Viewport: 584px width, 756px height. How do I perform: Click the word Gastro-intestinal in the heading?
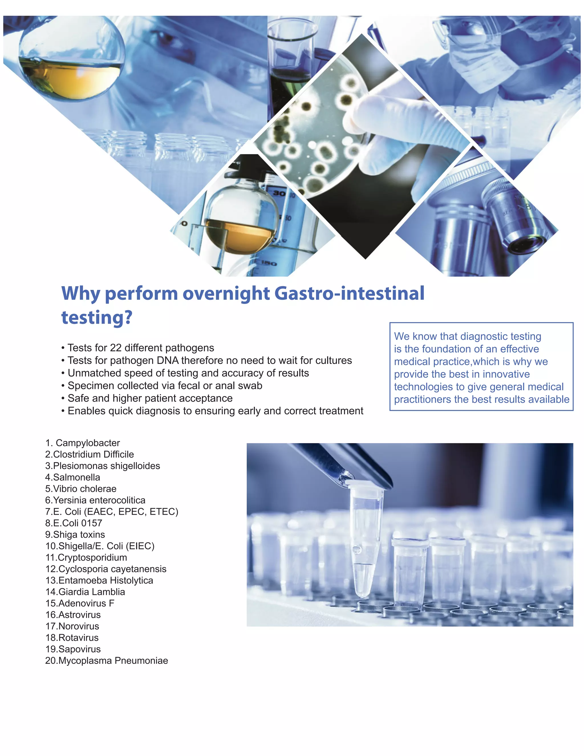349,294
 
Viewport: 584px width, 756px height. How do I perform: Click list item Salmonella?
73,477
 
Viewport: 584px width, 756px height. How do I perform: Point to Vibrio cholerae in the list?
81,489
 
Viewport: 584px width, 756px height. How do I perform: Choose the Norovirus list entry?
72,626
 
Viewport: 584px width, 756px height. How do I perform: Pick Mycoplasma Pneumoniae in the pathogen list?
107,660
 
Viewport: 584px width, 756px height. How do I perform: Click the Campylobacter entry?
83,443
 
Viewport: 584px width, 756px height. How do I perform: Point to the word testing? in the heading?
97,318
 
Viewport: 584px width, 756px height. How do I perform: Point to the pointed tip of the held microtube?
362,596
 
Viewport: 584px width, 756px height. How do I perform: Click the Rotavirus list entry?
72,638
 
